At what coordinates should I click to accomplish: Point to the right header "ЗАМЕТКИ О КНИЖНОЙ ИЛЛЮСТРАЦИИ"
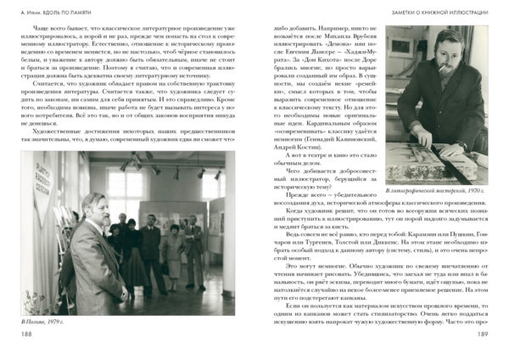click(433, 10)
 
